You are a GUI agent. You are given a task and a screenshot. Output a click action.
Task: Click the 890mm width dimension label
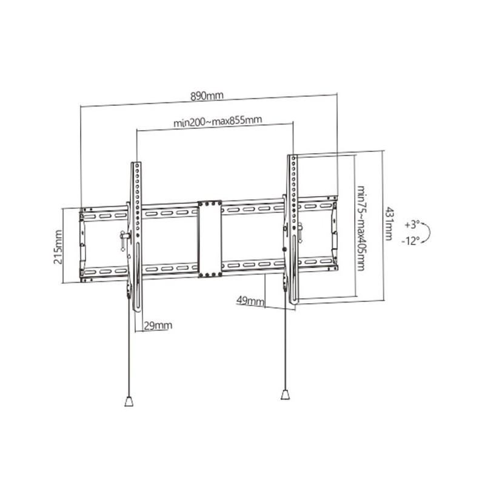[x=207, y=95]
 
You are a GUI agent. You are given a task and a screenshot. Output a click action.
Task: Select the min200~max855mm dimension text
[x=218, y=121]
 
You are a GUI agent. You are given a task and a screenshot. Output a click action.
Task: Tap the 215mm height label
[x=58, y=247]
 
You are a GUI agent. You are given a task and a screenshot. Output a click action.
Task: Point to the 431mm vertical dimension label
[x=389, y=224]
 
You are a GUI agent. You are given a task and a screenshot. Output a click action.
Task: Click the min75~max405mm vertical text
[x=361, y=228]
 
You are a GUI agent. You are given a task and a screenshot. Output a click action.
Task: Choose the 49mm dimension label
[x=250, y=300]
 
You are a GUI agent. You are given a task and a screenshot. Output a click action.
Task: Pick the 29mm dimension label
[x=158, y=325]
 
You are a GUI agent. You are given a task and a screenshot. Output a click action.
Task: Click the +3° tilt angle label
[x=412, y=225]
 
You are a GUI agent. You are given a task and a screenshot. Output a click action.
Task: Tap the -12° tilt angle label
[x=411, y=241]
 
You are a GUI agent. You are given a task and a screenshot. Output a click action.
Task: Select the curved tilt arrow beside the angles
[x=430, y=232]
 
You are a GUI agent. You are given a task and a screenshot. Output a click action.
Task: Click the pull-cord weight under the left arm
[x=129, y=401]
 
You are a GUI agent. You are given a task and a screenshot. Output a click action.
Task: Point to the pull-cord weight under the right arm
[x=285, y=394]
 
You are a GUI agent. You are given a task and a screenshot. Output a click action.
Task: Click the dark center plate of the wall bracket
[x=209, y=239]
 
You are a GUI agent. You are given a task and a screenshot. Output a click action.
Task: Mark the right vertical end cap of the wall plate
[x=334, y=234]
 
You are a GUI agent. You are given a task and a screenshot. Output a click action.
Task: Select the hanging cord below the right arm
[x=285, y=339]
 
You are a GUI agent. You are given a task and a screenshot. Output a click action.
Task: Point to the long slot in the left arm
[x=138, y=277]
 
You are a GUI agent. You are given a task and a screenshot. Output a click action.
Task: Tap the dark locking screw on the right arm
[x=284, y=250]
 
